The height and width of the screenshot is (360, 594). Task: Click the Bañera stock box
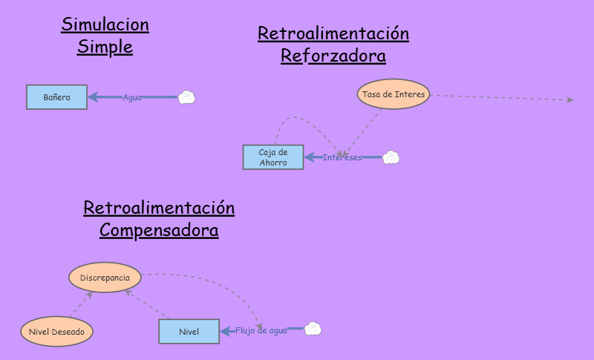click(x=56, y=97)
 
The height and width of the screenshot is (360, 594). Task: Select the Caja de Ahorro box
click(x=272, y=157)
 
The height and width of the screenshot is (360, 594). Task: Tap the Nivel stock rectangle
click(x=189, y=331)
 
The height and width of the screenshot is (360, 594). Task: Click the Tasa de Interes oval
click(x=394, y=94)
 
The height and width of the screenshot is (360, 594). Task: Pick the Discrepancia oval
click(x=105, y=278)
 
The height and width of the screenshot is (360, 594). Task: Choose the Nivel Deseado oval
click(x=56, y=332)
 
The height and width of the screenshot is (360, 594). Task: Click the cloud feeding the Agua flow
click(x=187, y=97)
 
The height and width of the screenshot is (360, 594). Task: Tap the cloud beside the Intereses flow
click(x=391, y=157)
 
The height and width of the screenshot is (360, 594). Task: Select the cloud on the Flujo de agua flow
click(x=313, y=330)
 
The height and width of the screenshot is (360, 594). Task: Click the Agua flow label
click(x=132, y=97)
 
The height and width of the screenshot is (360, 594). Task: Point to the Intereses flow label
click(x=342, y=157)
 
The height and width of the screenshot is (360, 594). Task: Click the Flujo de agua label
click(x=261, y=330)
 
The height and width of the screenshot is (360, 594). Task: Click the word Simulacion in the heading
click(x=105, y=24)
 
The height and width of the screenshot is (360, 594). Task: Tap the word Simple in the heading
click(x=105, y=48)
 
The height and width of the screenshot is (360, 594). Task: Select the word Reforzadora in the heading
click(x=333, y=56)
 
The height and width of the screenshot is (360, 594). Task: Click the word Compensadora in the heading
click(x=159, y=230)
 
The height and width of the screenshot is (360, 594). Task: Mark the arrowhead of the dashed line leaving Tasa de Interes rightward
click(x=569, y=99)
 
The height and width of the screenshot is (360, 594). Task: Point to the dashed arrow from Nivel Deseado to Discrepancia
click(x=82, y=305)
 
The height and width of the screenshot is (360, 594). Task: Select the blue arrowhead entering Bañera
click(x=93, y=97)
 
